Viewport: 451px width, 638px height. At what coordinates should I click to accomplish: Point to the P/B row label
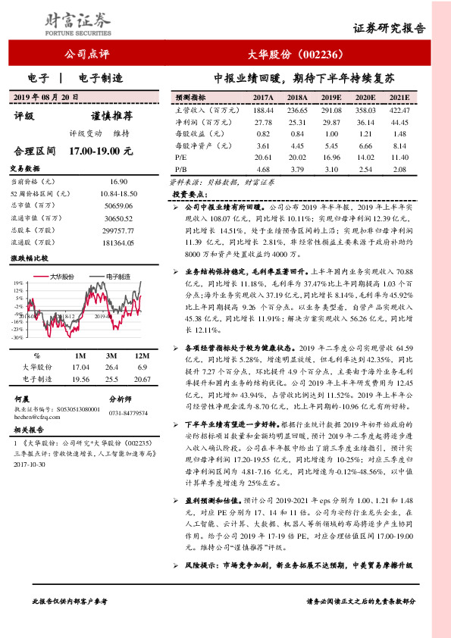pyautogui.click(x=180, y=168)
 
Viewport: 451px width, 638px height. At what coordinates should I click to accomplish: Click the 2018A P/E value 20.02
pyautogui.click(x=297, y=157)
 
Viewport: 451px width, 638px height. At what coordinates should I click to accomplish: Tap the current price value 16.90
pyautogui.click(x=119, y=182)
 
